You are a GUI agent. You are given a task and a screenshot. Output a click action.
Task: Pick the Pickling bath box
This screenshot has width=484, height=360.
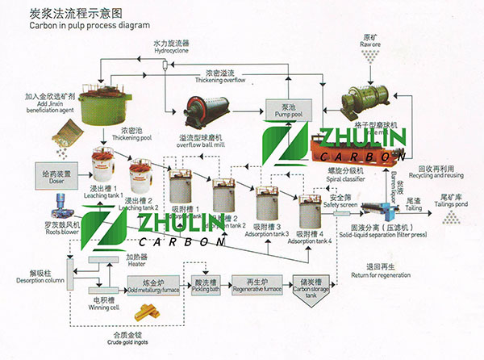pos(206,287)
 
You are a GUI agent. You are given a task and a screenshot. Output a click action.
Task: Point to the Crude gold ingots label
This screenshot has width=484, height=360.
pos(122,337)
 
